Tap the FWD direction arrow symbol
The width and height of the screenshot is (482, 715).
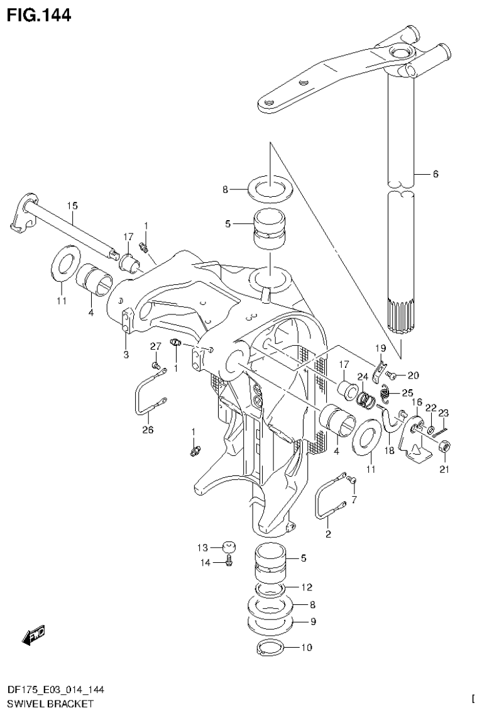click(33, 636)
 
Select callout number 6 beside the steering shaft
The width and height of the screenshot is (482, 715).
click(434, 174)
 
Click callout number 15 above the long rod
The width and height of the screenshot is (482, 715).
click(72, 206)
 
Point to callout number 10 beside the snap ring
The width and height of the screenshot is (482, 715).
click(306, 646)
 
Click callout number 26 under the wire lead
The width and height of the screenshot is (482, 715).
click(148, 430)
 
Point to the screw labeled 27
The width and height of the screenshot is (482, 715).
click(155, 364)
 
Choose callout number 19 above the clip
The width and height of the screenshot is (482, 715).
click(380, 348)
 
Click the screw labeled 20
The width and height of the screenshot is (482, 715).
click(390, 375)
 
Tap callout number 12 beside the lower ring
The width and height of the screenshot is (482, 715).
click(306, 587)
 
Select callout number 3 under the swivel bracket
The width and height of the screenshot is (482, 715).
click(126, 355)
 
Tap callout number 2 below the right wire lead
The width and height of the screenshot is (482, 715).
click(328, 535)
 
